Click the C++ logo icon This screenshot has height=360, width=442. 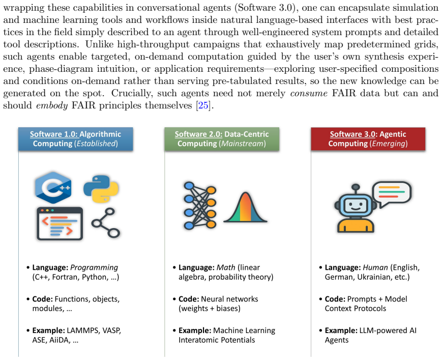53,187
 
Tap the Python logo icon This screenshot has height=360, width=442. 101,189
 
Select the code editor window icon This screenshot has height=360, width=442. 60,224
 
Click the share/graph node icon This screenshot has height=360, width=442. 106,223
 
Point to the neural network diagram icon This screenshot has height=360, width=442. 200,205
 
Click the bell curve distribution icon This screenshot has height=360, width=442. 245,207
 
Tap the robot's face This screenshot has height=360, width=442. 356,205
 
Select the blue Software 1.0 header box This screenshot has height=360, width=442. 76,139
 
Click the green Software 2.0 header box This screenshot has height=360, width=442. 222,139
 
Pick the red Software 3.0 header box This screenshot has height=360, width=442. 368,139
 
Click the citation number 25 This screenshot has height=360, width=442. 203,105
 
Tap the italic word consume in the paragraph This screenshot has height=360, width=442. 309,93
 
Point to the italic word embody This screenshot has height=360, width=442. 52,105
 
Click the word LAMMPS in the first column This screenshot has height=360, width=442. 83,330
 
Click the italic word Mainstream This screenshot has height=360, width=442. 243,144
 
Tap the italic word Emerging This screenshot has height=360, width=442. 389,144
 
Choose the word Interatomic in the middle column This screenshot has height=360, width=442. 196,340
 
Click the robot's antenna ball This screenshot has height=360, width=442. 356,187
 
